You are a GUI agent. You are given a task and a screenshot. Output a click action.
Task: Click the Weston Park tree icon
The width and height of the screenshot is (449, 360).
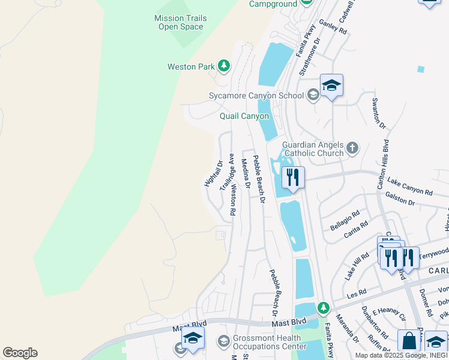(x=224, y=65)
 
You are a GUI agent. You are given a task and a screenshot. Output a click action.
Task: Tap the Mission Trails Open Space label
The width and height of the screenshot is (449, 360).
(x=180, y=22)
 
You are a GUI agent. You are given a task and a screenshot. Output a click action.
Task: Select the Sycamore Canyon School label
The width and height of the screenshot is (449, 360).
(x=256, y=95)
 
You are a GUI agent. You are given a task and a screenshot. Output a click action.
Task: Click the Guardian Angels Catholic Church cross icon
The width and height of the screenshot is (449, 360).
(x=352, y=147)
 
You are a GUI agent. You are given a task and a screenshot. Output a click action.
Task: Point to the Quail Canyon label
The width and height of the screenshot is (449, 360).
(x=244, y=116)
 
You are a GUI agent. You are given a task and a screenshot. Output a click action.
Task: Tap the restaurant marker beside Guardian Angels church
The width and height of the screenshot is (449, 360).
(x=293, y=178)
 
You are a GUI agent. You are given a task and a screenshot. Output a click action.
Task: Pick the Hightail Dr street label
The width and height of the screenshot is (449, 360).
(x=214, y=173)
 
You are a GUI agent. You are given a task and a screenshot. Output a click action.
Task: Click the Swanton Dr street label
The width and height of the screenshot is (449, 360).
(x=379, y=113)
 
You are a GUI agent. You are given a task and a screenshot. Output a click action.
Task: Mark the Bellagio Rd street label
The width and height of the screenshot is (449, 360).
(x=345, y=220)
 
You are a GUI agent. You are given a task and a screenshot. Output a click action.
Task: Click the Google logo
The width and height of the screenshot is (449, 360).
(x=20, y=353)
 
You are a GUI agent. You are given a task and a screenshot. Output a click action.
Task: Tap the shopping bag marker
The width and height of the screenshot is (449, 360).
(x=409, y=341)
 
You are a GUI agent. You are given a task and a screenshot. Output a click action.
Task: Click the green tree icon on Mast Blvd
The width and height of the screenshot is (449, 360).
(x=324, y=308)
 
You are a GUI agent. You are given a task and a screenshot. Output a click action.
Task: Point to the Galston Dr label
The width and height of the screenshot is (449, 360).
(x=400, y=202)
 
